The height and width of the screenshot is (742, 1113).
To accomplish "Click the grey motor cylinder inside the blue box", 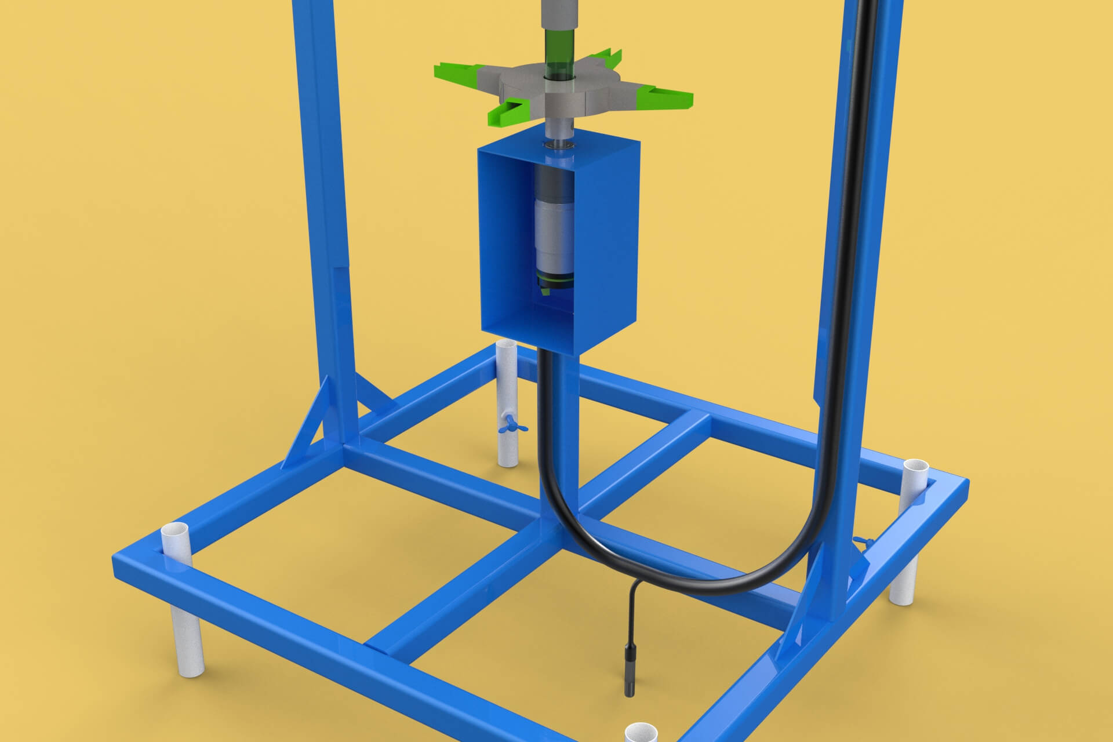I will (x=555, y=232).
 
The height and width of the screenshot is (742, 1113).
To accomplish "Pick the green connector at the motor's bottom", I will (x=555, y=284).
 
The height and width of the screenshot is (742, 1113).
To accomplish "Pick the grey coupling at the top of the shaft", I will (x=559, y=12).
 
